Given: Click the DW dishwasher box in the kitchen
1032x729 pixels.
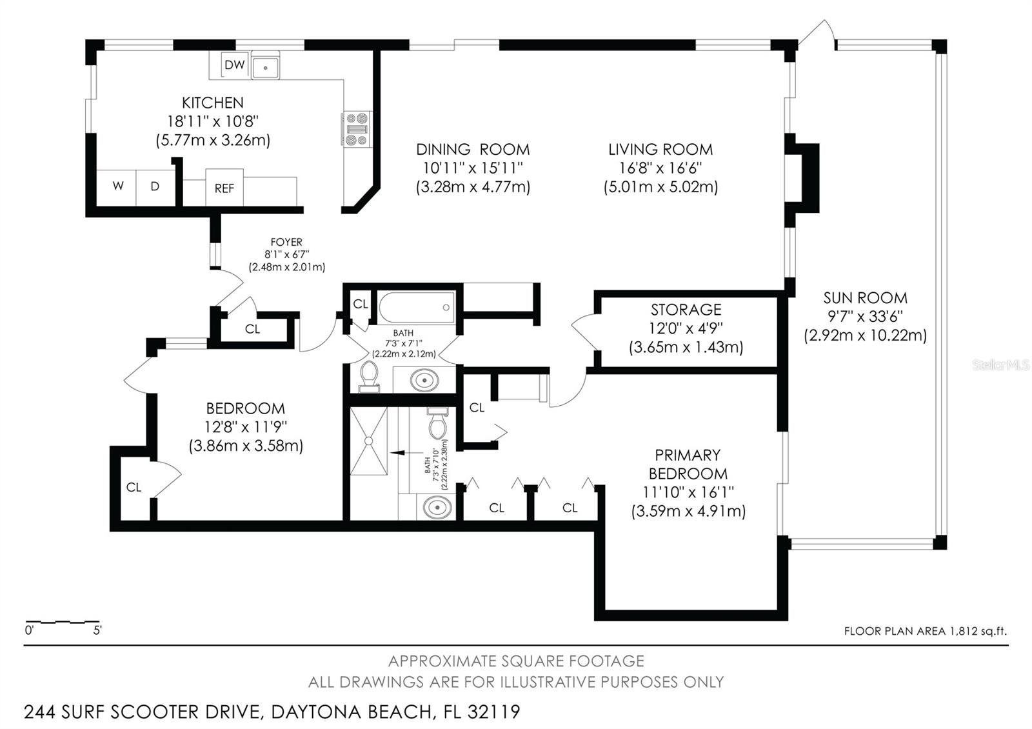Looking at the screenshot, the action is (235, 65).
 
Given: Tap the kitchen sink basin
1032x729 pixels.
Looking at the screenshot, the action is (265, 67).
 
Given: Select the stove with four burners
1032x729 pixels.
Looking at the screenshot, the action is (357, 130).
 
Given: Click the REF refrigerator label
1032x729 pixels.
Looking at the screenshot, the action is (224, 188).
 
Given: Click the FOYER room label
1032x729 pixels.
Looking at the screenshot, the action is (286, 242).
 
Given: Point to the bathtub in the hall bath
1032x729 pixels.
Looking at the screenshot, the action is (417, 307).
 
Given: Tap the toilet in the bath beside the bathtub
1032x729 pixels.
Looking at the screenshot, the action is (369, 377).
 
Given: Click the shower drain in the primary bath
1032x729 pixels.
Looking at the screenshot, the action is (368, 441).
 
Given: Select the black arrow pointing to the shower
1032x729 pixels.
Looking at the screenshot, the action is (406, 453).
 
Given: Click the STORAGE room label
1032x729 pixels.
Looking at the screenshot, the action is (686, 310).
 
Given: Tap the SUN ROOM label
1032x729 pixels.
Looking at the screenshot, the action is (865, 298).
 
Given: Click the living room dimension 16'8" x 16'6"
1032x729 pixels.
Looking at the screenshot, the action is (660, 168).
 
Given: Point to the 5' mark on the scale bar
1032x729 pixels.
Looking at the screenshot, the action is (97, 630).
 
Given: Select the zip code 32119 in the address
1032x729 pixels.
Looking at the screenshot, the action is (493, 712).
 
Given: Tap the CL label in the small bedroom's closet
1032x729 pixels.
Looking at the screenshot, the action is (134, 488).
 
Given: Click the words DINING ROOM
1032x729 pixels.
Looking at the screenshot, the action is (473, 150).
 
